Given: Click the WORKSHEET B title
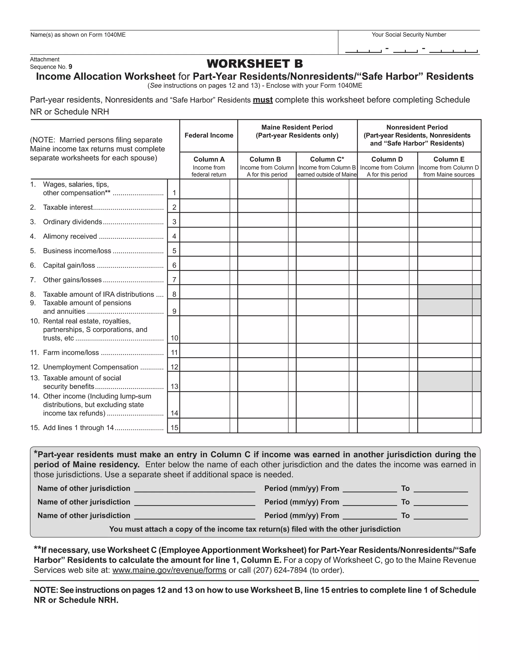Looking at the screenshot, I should pyautogui.click(x=255, y=64).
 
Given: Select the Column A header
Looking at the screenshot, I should pyautogui.click(x=209, y=159).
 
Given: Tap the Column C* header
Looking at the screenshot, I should pyautogui.click(x=327, y=159).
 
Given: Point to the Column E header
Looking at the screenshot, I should pyautogui.click(x=449, y=159).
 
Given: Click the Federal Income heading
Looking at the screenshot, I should pyautogui.click(x=209, y=135).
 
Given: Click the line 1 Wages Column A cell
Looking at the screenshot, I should pyautogui.click(x=205, y=189).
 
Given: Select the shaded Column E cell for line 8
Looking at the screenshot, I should pyautogui.click(x=445, y=292).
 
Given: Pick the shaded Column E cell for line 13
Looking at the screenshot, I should pyautogui.click(x=445, y=382).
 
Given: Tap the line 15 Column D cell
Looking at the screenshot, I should pyautogui.click(x=383, y=426).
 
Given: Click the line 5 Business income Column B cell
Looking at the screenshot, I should pyautogui.click(x=263, y=249).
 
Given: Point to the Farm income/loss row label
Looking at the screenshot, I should pyautogui.click(x=71, y=353).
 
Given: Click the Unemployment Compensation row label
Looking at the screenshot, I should pyautogui.click(x=91, y=367).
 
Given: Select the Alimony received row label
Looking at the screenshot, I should pyautogui.click(x=70, y=237).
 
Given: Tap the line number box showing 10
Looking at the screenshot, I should pyautogui.click(x=174, y=338).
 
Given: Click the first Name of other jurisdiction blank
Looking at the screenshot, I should pyautogui.click(x=194, y=489).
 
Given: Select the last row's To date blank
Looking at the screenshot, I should pyautogui.click(x=441, y=516).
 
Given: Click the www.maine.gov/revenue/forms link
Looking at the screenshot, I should pyautogui.click(x=169, y=570).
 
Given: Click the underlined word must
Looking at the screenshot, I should pyautogui.click(x=262, y=100).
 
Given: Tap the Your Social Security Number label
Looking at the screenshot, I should pyautogui.click(x=408, y=35).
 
